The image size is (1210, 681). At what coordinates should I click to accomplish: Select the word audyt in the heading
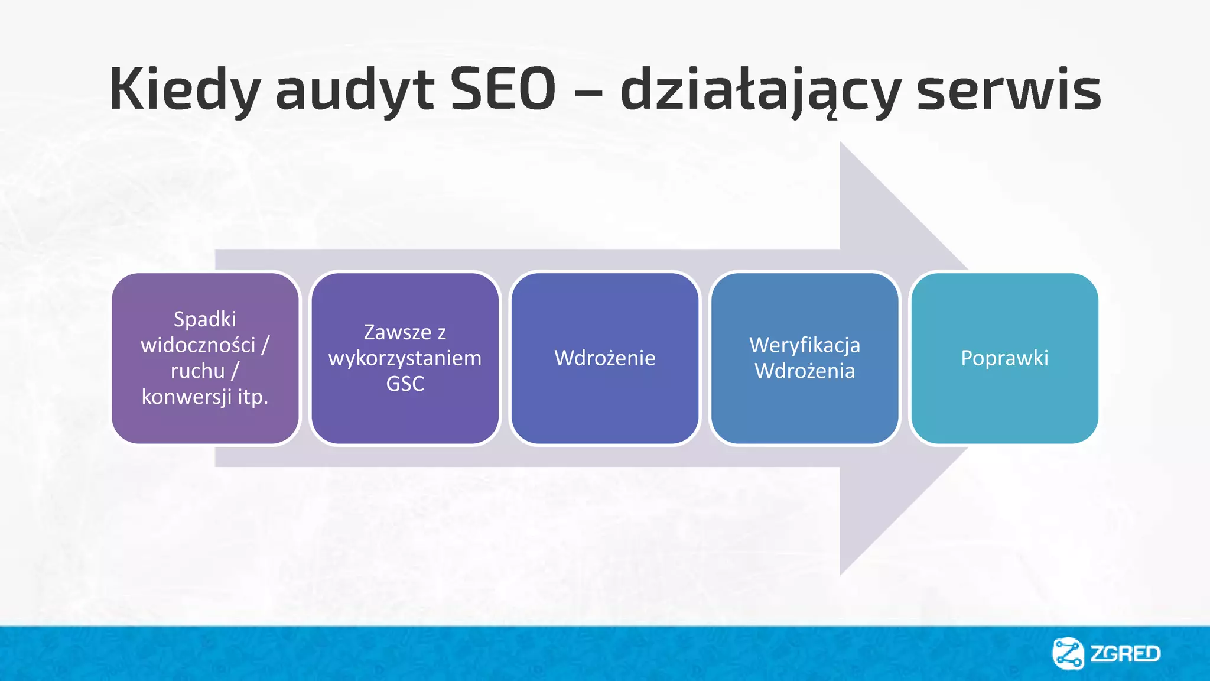pyautogui.click(x=354, y=90)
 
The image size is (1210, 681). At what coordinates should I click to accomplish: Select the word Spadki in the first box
pyautogui.click(x=204, y=319)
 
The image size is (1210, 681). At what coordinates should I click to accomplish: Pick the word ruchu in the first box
pyautogui.click(x=197, y=371)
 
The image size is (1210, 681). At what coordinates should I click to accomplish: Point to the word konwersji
pyautogui.click(x=186, y=397)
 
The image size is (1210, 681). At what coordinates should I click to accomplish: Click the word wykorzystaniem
pyautogui.click(x=405, y=358)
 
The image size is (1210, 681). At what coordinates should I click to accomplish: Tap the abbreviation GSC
pyautogui.click(x=405, y=384)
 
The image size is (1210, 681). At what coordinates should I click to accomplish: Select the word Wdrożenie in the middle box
pyautogui.click(x=604, y=358)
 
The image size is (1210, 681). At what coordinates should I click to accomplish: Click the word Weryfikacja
pyautogui.click(x=804, y=345)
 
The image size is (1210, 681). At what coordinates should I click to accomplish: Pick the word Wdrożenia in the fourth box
pyautogui.click(x=804, y=371)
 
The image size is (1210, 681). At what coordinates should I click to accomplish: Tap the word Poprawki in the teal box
pyautogui.click(x=1004, y=358)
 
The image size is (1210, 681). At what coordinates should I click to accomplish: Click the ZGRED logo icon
pyautogui.click(x=1068, y=653)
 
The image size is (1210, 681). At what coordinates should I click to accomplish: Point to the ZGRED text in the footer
pyautogui.click(x=1125, y=654)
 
